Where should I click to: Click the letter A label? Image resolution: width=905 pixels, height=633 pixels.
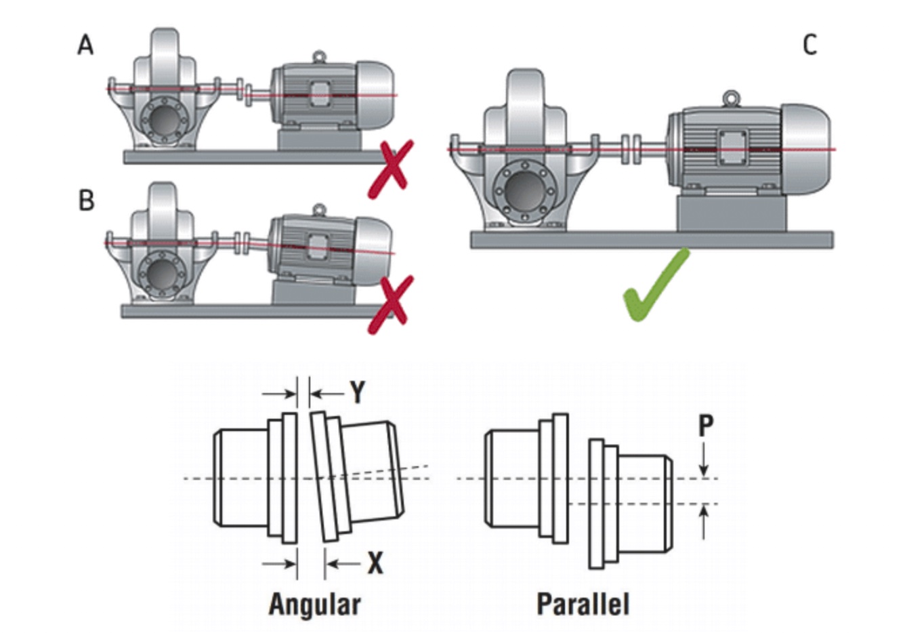(x=85, y=45)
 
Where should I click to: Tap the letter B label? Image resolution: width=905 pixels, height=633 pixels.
(x=86, y=201)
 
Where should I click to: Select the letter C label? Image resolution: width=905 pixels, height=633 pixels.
(x=809, y=45)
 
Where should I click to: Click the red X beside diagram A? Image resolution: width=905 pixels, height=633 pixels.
(x=390, y=169)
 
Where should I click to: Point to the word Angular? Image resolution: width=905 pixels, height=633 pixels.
(x=314, y=604)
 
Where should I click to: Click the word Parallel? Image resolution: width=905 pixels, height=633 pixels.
(x=583, y=604)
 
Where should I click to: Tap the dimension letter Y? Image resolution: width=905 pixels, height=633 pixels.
(x=357, y=392)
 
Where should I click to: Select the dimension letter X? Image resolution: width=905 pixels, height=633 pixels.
(x=375, y=563)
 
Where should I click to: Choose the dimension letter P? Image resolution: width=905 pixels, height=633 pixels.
(x=705, y=426)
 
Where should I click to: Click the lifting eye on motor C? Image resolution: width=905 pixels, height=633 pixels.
(x=730, y=98)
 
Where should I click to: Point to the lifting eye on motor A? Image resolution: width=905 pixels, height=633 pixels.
(x=318, y=57)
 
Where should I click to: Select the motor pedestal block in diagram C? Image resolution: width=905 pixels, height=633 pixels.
(x=732, y=215)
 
